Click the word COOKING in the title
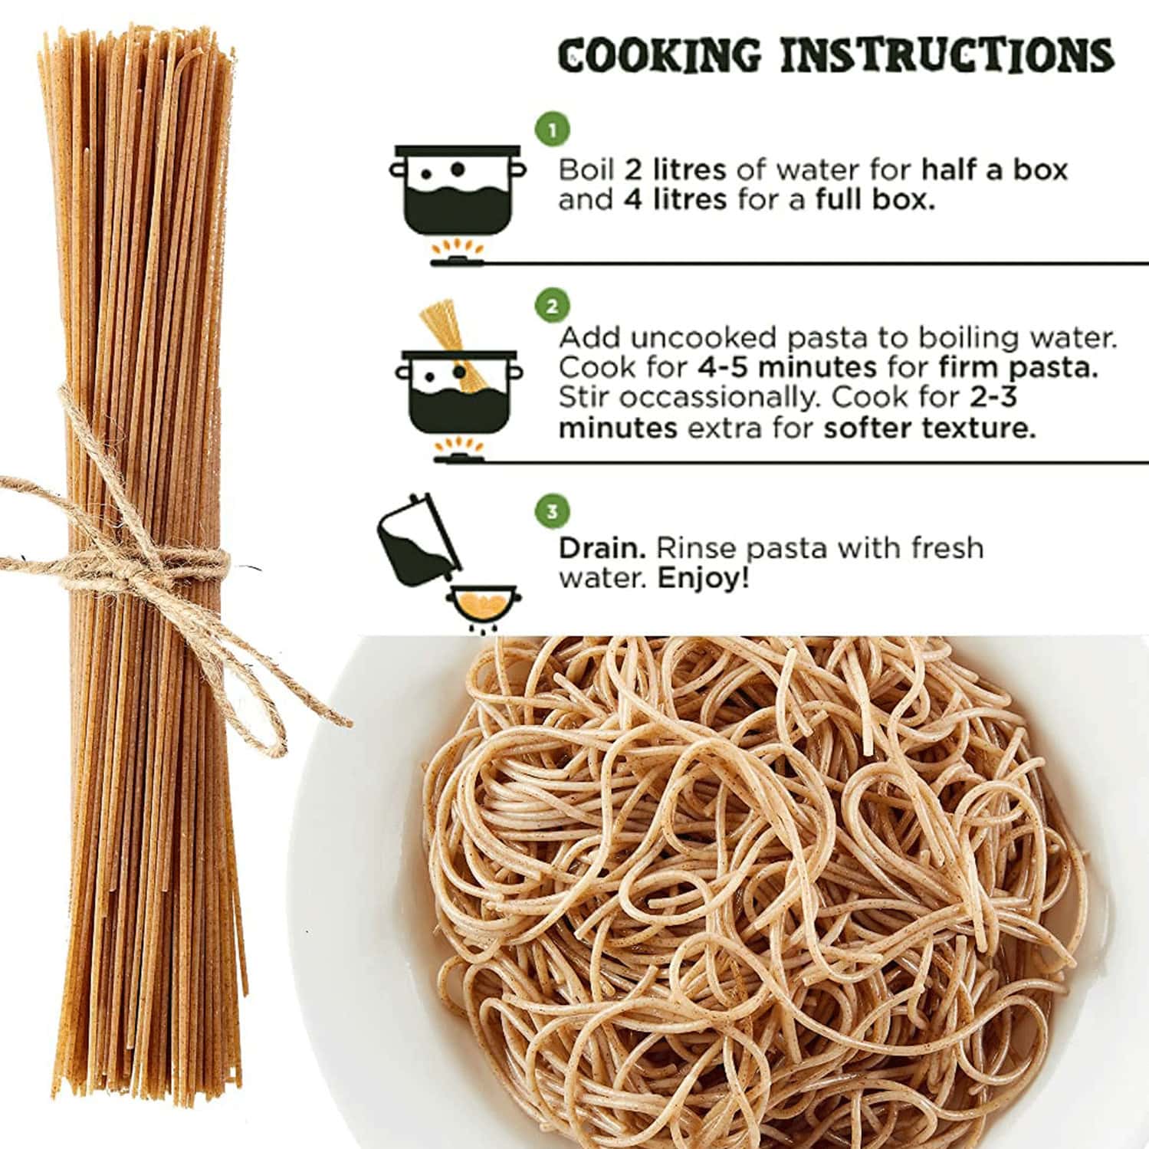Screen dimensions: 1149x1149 point(660,55)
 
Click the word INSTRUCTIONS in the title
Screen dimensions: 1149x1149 point(947,55)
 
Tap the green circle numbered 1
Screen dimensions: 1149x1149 point(552,130)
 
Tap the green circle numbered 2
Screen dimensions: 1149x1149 point(552,307)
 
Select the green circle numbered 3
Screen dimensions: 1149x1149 point(552,511)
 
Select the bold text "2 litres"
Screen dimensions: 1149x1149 point(675,169)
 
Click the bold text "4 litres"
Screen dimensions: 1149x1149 point(674,200)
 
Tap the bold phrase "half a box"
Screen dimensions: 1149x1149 point(994,169)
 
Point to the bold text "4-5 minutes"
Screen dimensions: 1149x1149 point(786,367)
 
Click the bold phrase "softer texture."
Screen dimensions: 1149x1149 point(929,428)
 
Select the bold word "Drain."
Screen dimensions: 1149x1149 point(602,548)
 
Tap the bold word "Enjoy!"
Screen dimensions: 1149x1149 point(703,578)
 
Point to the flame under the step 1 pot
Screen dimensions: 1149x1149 point(458,248)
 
